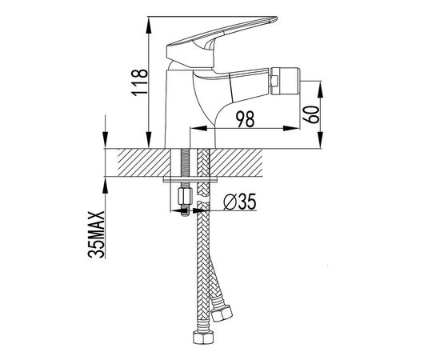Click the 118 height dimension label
pos(139,82)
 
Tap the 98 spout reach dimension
pos(245,119)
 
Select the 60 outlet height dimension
pos(311,114)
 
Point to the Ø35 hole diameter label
pos(240,202)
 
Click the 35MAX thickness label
pos(96,234)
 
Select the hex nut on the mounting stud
pos(186,197)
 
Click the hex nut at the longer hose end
pos(203,338)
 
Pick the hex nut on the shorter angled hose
pos(222,313)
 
